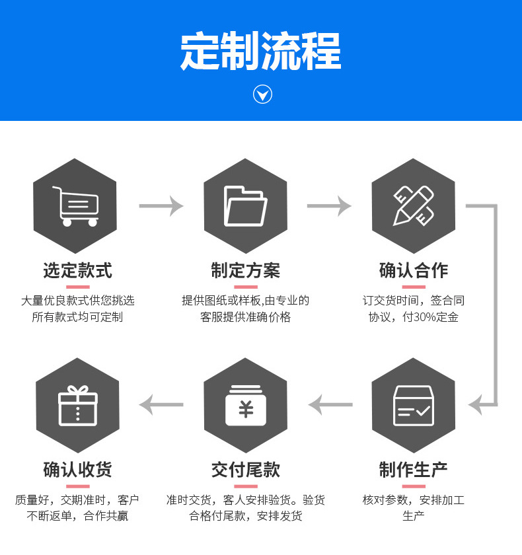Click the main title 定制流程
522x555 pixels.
(261, 51)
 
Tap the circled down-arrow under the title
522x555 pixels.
(262, 94)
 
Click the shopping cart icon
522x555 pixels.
(76, 206)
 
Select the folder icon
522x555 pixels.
(245, 206)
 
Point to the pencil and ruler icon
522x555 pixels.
(414, 206)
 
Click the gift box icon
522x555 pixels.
(78, 405)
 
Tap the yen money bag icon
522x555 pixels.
(246, 405)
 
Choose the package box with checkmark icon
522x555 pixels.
(414, 406)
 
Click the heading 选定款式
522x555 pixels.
(77, 271)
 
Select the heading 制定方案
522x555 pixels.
(246, 271)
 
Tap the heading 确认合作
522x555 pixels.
(414, 271)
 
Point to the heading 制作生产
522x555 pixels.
(414, 470)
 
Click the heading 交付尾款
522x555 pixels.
(246, 470)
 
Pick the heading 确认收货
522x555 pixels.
(77, 470)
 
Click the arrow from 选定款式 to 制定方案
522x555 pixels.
(161, 205)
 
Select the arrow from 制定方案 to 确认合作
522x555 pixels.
(329, 205)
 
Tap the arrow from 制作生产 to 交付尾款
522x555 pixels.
(330, 404)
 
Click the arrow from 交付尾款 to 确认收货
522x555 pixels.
(161, 404)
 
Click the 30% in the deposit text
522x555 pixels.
(424, 317)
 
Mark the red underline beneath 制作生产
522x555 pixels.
(414, 486)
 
